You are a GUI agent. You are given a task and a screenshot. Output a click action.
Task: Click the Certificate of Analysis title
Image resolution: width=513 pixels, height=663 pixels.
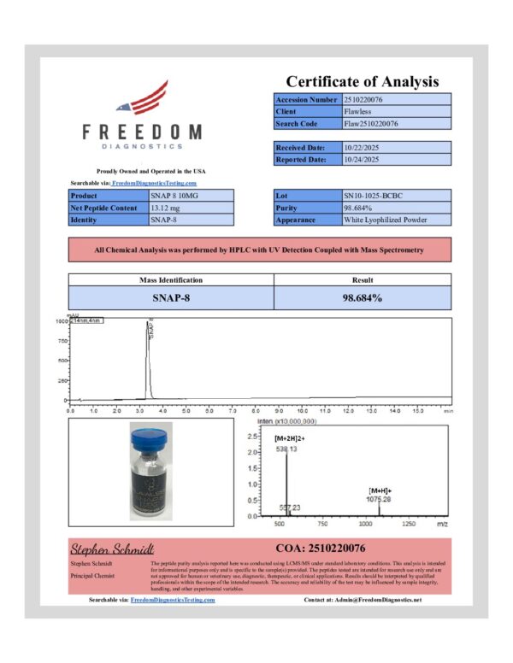362,82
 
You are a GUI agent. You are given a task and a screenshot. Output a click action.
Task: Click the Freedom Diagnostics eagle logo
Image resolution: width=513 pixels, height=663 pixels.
142,99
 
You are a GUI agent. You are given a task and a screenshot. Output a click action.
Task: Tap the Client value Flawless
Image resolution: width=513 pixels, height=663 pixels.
358,112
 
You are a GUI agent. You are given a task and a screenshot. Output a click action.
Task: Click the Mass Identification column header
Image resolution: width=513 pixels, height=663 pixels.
170,279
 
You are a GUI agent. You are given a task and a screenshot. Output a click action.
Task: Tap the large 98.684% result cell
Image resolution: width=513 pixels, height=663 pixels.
362,297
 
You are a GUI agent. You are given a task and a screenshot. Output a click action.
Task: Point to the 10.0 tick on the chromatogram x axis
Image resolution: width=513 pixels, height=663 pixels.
301,410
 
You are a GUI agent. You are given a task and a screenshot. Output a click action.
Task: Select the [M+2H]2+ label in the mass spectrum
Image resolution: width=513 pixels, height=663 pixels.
292,438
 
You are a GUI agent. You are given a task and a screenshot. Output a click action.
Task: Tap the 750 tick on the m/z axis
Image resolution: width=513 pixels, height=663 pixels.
324,523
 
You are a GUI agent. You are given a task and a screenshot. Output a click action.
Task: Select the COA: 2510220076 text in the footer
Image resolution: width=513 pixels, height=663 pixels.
320,547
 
